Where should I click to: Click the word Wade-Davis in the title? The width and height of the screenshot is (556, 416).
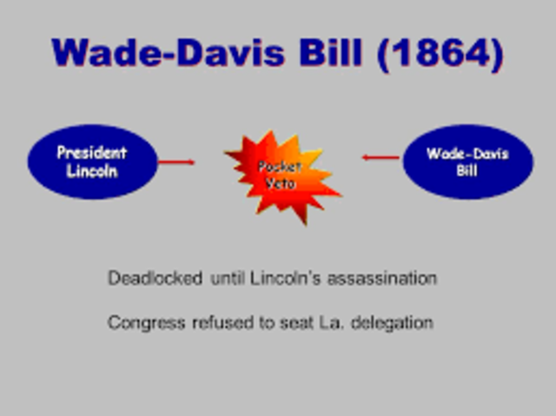[177, 54]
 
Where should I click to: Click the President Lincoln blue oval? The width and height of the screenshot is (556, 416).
[92, 162]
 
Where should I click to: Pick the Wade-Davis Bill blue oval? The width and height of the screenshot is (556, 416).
[467, 162]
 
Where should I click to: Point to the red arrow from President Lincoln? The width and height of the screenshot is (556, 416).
[177, 161]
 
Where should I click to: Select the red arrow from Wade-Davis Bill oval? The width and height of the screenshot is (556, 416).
[380, 157]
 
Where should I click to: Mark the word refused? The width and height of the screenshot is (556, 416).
[218, 323]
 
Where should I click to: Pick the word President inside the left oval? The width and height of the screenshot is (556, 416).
[92, 153]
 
